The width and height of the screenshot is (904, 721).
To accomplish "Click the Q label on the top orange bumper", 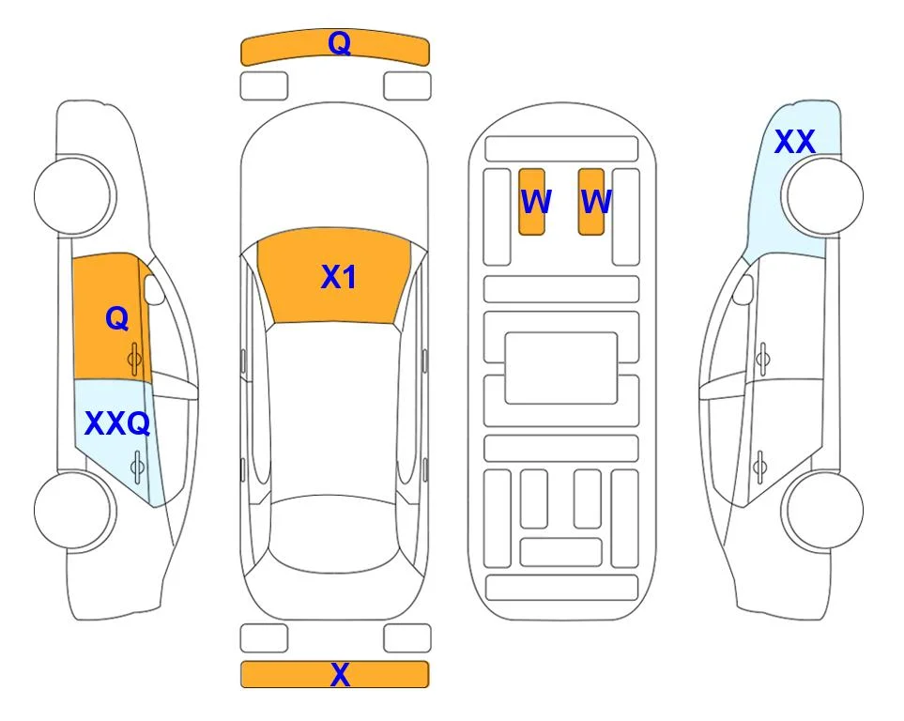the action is pyautogui.click(x=340, y=43).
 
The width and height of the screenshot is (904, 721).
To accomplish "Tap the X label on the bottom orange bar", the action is pyautogui.click(x=340, y=674).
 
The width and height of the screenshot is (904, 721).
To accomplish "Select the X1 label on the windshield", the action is pyautogui.click(x=339, y=277).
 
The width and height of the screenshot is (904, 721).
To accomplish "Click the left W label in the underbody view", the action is pyautogui.click(x=536, y=202).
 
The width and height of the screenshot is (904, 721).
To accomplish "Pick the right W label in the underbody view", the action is pyautogui.click(x=596, y=202).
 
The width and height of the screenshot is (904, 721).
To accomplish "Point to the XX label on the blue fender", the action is pyautogui.click(x=795, y=142).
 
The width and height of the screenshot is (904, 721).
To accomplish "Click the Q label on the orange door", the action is pyautogui.click(x=117, y=318).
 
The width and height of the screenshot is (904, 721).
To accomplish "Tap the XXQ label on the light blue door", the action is pyautogui.click(x=117, y=424).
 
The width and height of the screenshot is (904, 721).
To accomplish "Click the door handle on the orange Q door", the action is pyautogui.click(x=135, y=360).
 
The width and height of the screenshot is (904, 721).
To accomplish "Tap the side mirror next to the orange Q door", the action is pyautogui.click(x=154, y=289).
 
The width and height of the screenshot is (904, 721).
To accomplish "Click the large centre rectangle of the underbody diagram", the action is pyautogui.click(x=561, y=368).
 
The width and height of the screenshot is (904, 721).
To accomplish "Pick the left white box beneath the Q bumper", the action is pyautogui.click(x=264, y=86).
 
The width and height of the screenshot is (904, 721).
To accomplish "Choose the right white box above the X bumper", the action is pyautogui.click(x=407, y=638).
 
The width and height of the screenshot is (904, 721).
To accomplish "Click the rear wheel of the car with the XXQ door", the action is pyautogui.click(x=72, y=511).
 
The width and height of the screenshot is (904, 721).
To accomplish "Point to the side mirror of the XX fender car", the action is pyautogui.click(x=743, y=289).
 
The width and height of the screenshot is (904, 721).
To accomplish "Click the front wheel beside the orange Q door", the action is pyautogui.click(x=72, y=196).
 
